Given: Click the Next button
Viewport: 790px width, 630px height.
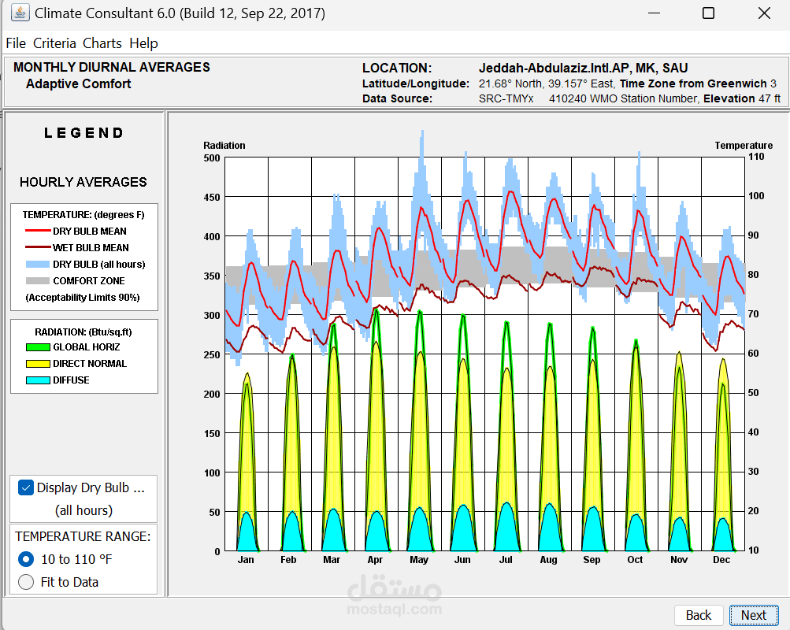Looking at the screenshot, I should coord(753,615).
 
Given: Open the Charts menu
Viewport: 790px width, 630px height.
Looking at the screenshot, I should coord(102,43).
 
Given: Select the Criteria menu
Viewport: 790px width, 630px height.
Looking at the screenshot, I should coord(54,43).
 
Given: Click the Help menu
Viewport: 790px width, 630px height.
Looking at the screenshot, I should coord(143,43).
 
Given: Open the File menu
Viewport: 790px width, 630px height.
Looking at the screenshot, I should coord(16,43).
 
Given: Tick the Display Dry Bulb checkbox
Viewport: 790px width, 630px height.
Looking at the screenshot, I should coord(26,487).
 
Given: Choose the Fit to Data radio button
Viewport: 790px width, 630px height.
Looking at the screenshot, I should coord(26,582).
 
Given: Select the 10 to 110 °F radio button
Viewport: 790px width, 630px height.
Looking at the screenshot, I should coord(26,559).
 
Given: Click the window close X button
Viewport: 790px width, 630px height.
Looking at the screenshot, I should coord(763,13).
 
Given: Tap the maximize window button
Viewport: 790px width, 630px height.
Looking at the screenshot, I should coord(708,13).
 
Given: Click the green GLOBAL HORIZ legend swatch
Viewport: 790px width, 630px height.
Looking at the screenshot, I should coord(38,347).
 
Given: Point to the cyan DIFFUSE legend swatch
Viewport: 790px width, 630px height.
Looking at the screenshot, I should coord(38,380).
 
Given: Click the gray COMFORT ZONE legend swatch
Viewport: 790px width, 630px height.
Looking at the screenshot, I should coord(38,281).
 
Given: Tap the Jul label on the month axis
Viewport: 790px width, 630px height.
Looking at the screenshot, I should coord(506,560).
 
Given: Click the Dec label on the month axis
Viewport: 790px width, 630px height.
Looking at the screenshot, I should coord(721,560).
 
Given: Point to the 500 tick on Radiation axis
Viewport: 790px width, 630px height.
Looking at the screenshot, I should coord(212,158).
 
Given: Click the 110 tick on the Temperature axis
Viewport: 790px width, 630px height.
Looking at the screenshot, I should coord(756,157).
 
